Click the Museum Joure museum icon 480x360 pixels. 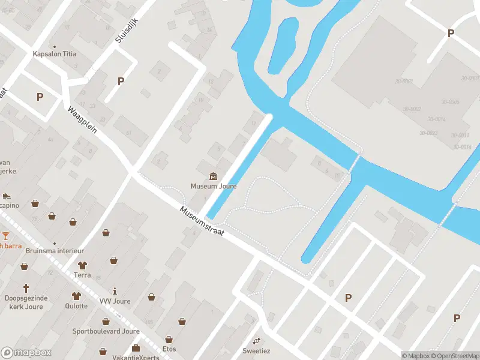pyautogui.click(x=214, y=176)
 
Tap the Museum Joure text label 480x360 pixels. pyautogui.click(x=214, y=186)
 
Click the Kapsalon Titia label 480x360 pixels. pyautogui.click(x=54, y=54)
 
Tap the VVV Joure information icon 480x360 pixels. pyautogui.click(x=114, y=291)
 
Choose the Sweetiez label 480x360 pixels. pyautogui.click(x=257, y=350)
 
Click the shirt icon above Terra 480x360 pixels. pyautogui.click(x=82, y=265)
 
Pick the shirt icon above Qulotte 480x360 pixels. pyautogui.click(x=76, y=296)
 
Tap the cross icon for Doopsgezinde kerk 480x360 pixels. pyautogui.click(x=26, y=288)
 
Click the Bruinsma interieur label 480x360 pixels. pyautogui.click(x=55, y=251)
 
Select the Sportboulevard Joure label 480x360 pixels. pyautogui.click(x=106, y=331)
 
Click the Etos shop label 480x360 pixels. pyautogui.click(x=169, y=348)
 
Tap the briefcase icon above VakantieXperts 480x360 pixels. pyautogui.click(x=136, y=348)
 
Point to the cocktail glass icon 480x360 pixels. pyautogui.click(x=5, y=235)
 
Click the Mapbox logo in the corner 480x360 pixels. pyautogui.click(x=26, y=353)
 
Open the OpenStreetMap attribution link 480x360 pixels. pyautogui.click(x=454, y=356)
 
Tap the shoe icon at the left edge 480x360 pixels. pyautogui.click(x=6, y=195)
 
